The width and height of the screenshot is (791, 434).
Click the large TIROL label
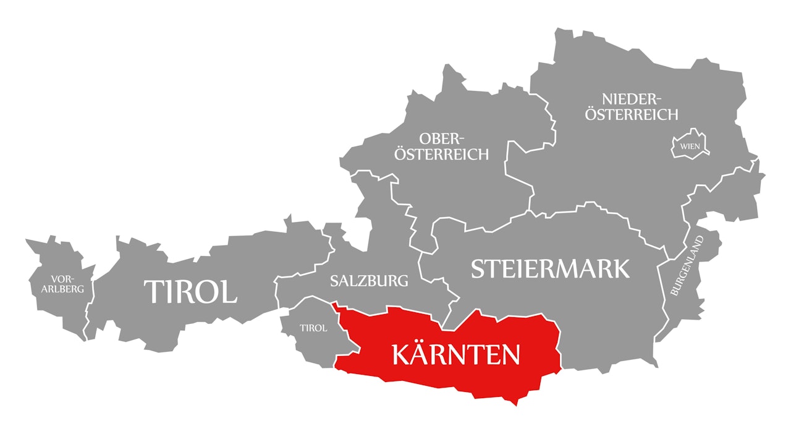click(x=190, y=291)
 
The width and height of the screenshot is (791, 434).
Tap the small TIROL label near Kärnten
click(x=313, y=328)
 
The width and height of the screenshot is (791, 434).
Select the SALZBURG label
click(x=369, y=281)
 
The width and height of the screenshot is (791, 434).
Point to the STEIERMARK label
click(x=551, y=269)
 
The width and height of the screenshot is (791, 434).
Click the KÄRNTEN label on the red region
click(x=455, y=354)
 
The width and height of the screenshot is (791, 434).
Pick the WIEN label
click(x=690, y=147)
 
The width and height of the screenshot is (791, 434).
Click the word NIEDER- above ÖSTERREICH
click(x=632, y=99)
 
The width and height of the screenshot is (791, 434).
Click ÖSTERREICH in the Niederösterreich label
click(x=632, y=114)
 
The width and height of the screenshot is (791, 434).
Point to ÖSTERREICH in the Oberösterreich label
click(x=442, y=154)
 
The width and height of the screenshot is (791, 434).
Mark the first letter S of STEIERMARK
click(x=478, y=269)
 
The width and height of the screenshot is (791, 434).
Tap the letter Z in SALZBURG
click(x=364, y=281)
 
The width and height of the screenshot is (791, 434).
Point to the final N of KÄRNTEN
click(x=510, y=354)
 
